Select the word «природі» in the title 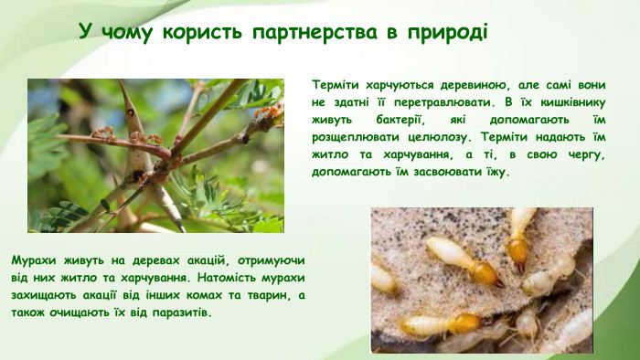[437, 32]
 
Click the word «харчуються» [403, 84]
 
